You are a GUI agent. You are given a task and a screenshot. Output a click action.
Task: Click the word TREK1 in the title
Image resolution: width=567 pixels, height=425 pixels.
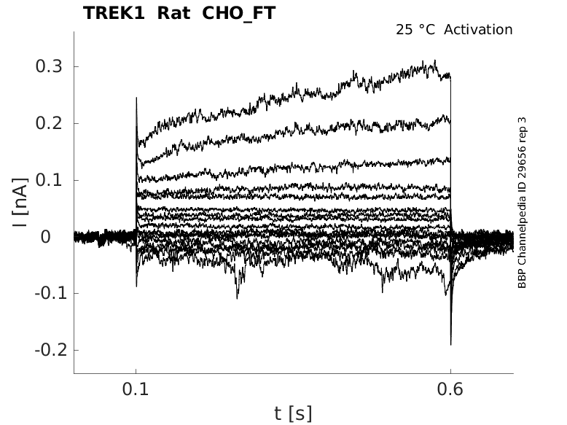[114, 13]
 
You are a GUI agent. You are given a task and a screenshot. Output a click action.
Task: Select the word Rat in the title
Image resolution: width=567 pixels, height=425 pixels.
[173, 13]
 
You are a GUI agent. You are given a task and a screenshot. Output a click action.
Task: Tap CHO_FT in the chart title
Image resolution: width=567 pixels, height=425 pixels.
[238, 14]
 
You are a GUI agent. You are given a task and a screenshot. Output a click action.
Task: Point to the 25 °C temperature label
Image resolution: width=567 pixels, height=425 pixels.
[415, 30]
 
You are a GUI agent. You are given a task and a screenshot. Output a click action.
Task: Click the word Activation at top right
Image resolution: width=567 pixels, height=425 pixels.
[478, 30]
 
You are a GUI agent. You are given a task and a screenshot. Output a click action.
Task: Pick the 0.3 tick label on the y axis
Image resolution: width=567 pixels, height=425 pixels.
[49, 66]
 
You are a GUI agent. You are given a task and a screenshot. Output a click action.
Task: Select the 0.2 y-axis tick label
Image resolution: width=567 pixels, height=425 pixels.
[49, 123]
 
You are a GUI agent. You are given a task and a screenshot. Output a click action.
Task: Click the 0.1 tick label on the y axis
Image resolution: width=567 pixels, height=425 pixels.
[49, 180]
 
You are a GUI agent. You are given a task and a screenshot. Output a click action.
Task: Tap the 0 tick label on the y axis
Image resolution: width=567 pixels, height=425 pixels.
[46, 237]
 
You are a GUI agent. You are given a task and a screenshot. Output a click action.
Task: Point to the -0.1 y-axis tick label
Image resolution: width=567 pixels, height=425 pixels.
[51, 293]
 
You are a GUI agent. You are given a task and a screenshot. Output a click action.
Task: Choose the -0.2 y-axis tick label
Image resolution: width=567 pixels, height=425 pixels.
[51, 350]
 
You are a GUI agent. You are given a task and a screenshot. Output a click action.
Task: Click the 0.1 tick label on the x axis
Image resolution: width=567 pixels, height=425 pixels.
[136, 389]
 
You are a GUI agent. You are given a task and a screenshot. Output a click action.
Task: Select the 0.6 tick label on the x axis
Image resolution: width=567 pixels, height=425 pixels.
[450, 389]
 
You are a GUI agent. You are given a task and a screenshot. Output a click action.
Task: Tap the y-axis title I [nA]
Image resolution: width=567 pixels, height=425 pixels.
[20, 203]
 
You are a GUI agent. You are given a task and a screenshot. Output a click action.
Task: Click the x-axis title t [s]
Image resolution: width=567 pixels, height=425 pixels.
[293, 413]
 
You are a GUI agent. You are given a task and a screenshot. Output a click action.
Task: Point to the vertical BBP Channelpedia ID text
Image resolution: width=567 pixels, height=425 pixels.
[522, 203]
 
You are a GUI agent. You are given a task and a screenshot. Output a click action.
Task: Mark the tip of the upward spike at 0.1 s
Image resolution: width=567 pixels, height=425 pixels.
[136, 97]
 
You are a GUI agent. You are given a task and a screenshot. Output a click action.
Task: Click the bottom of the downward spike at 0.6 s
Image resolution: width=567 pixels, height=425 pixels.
[450, 345]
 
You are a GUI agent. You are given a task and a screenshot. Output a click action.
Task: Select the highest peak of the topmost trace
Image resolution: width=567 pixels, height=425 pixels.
[434, 61]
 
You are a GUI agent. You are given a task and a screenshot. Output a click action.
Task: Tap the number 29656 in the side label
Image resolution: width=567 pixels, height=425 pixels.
[522, 157]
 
